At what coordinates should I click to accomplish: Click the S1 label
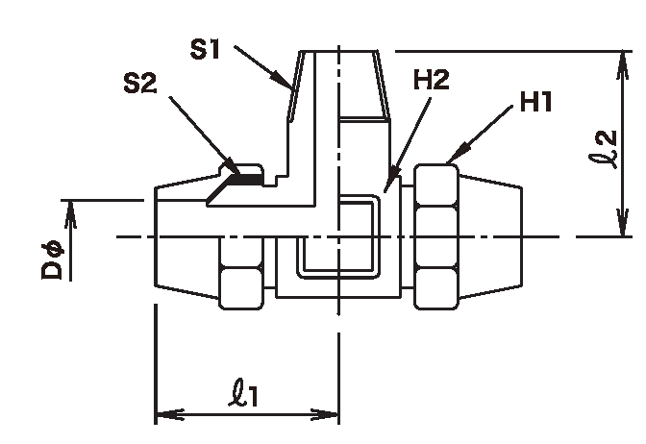pyautogui.click(x=205, y=49)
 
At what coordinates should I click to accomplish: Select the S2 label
pyautogui.click(x=140, y=84)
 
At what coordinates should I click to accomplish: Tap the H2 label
pyautogui.click(x=431, y=80)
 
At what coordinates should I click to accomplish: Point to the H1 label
pyautogui.click(x=535, y=102)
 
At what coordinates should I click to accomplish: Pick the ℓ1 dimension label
pyautogui.click(x=243, y=393)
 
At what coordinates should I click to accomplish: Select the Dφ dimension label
pyautogui.click(x=52, y=261)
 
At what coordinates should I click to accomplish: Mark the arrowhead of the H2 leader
pyautogui.click(x=391, y=178)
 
